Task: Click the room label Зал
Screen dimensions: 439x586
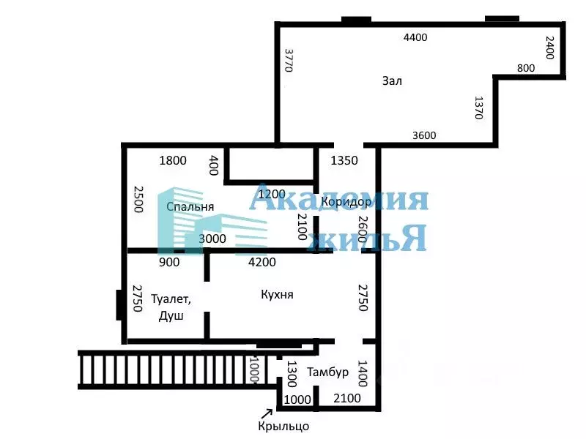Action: [x=392, y=80]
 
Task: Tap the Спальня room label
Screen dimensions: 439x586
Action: [x=190, y=206]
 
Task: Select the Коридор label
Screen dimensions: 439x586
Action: [x=341, y=202]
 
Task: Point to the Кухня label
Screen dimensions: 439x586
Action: [x=277, y=294]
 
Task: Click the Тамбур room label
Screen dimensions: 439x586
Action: [x=327, y=372]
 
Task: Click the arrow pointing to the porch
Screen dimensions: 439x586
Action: [x=267, y=411]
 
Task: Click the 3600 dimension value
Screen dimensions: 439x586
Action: [x=424, y=135]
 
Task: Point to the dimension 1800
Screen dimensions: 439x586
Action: [x=173, y=161]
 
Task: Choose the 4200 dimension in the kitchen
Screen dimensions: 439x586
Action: [x=262, y=262]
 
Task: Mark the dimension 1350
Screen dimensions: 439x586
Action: [x=344, y=161]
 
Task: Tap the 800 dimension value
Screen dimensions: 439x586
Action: [x=526, y=68]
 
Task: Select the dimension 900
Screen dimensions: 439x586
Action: [x=169, y=262]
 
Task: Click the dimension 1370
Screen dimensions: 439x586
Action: [x=479, y=108]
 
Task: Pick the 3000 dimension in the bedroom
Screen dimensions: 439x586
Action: [x=212, y=239]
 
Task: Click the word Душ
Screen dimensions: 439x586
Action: [x=171, y=316]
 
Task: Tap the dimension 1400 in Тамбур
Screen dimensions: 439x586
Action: [x=361, y=374]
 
